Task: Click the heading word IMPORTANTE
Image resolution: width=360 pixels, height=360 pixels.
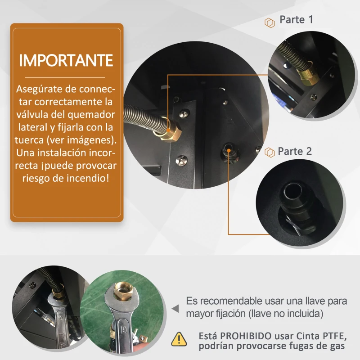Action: tap(66, 61)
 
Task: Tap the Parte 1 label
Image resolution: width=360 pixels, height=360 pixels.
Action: tap(296, 19)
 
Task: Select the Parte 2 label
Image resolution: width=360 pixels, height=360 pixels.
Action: tap(295, 151)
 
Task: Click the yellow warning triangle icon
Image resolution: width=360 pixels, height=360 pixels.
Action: tap(179, 339)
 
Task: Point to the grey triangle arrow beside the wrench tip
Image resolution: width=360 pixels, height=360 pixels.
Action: tap(175, 309)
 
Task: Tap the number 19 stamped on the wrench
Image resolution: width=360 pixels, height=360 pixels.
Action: tap(123, 330)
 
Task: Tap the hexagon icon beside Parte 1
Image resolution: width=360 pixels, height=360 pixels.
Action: tap(270, 23)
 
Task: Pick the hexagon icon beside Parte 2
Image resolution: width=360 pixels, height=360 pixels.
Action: tap(270, 152)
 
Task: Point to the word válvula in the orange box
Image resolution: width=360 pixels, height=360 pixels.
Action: tap(32, 114)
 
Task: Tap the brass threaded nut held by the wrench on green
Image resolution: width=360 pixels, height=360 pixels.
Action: tap(122, 291)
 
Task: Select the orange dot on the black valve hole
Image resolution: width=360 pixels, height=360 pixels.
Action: tap(229, 150)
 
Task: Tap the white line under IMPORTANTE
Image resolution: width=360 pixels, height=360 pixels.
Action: tap(65, 77)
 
